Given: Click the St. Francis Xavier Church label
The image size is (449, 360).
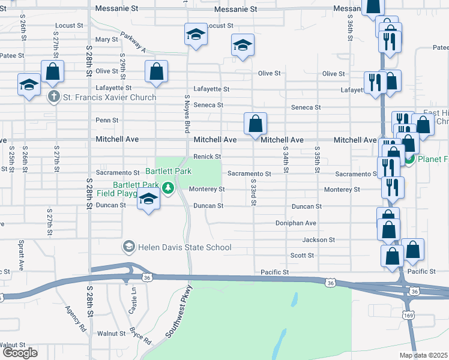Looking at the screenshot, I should (110, 97).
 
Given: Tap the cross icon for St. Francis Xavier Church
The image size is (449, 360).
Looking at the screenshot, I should (53, 97).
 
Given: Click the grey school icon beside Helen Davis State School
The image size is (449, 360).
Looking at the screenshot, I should (128, 247).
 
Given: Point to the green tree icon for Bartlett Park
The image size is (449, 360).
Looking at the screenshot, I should (169, 188).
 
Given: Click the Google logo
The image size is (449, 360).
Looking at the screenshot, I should (20, 353).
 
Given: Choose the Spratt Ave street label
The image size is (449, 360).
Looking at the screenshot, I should (20, 260).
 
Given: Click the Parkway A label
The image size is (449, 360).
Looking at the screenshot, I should (133, 41).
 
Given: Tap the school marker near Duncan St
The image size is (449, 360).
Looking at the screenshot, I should (148, 199).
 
